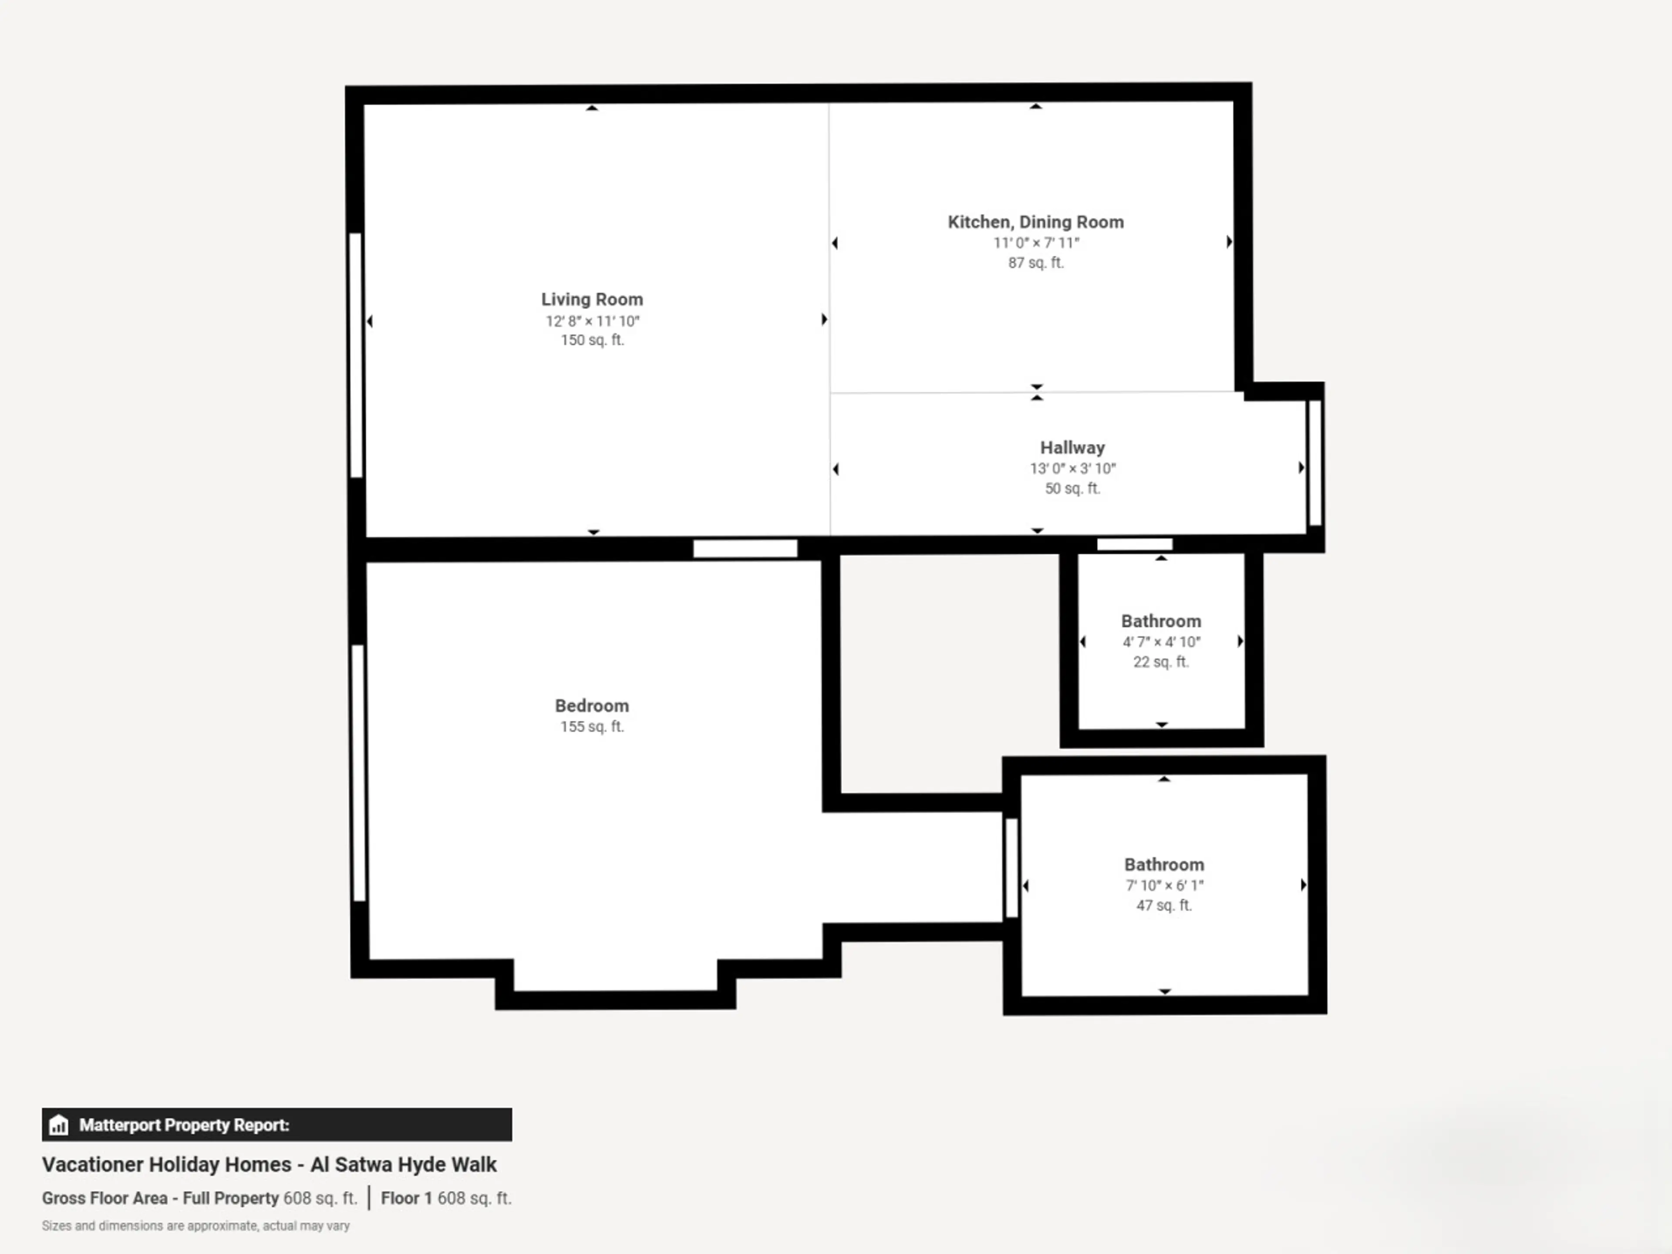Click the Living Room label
592,299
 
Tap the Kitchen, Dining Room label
1035,222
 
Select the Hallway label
1072,448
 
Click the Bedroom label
592,706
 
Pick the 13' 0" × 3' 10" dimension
1072,469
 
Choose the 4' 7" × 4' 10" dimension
1161,642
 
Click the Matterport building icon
59,1125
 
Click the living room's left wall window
355,355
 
